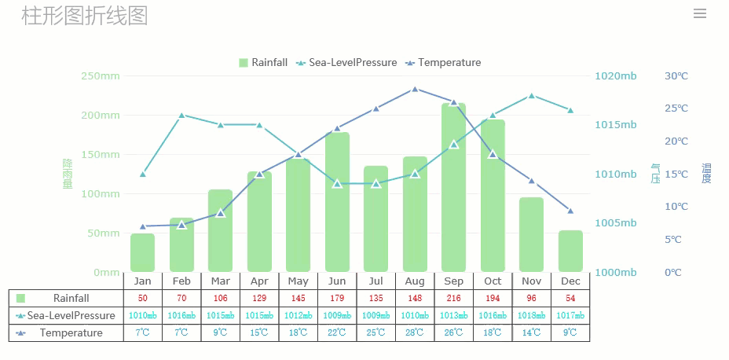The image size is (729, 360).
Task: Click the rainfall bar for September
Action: click(x=453, y=189)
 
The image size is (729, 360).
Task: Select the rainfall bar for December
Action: click(x=570, y=252)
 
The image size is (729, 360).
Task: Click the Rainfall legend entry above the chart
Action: click(x=263, y=63)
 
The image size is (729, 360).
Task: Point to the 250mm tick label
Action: click(x=101, y=76)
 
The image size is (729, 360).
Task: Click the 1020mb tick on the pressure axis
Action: click(x=616, y=76)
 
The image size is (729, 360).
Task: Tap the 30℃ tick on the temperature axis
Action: click(x=676, y=76)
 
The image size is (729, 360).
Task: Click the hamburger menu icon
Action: click(x=700, y=13)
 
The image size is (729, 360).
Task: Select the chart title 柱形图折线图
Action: click(x=85, y=15)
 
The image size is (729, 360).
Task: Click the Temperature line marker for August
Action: click(x=415, y=89)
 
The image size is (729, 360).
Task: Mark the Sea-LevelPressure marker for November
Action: click(x=532, y=96)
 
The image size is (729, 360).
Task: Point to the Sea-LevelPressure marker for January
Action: click(x=142, y=174)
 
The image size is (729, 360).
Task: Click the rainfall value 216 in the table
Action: click(x=453, y=298)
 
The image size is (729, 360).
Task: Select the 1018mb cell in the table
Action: click(x=532, y=315)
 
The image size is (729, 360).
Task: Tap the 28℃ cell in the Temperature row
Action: click(x=415, y=332)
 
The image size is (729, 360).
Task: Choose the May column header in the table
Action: click(x=298, y=281)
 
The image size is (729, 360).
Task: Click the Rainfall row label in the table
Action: click(x=71, y=298)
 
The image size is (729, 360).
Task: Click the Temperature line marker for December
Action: click(x=570, y=211)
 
